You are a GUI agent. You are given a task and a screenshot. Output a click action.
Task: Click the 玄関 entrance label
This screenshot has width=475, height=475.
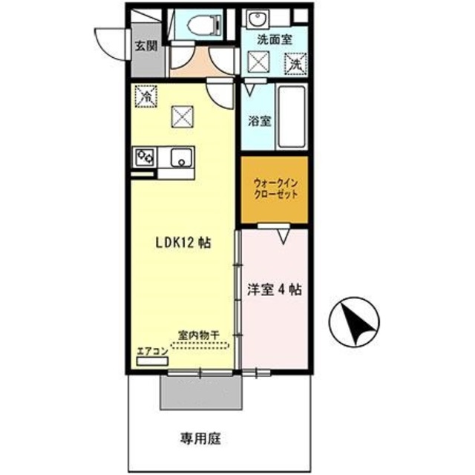145,45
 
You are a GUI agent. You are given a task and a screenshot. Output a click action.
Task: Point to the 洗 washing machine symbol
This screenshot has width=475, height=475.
296,65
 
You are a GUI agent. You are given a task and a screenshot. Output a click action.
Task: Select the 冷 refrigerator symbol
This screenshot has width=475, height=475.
146,95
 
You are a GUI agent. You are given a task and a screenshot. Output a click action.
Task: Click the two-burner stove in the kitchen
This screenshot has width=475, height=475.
144,157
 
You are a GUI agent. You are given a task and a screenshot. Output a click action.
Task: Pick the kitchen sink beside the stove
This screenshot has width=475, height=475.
180,157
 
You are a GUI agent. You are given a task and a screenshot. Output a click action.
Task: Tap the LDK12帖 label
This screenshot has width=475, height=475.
181,242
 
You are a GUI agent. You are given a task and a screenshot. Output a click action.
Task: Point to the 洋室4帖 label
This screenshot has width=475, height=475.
274,290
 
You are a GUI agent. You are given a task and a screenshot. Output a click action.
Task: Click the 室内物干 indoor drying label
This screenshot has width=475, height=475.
198,335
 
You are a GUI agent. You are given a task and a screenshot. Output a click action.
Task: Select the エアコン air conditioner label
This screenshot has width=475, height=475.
151,352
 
